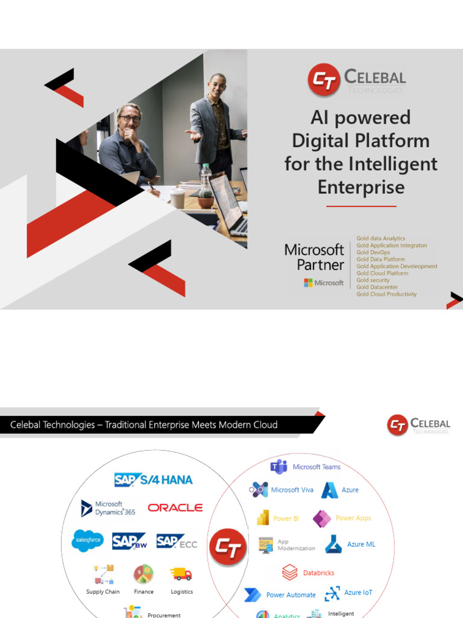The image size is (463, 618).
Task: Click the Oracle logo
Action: [x=175, y=508]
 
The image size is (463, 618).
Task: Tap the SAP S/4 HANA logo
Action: [x=154, y=480]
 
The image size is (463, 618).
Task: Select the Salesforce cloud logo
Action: [x=88, y=540]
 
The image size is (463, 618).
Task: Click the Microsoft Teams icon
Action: [x=279, y=467]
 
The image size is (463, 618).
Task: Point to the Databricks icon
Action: [x=290, y=572]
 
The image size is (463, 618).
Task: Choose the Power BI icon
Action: [x=263, y=518]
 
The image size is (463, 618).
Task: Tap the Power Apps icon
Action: [x=323, y=518]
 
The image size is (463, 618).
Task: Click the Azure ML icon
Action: [x=333, y=544]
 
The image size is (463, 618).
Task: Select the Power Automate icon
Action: [x=253, y=594]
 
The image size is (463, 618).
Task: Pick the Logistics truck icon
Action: [x=181, y=574]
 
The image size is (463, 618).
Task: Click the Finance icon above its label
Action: [x=143, y=574]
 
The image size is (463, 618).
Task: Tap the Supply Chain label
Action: [x=103, y=591]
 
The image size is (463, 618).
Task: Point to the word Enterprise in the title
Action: [x=361, y=187]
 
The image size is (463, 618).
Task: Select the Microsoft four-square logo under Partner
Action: [x=308, y=282]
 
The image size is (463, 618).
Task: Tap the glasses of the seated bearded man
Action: [x=129, y=119]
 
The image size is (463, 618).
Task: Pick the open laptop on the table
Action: [x=229, y=205]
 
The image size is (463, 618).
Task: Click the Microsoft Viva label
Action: [x=292, y=489]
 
